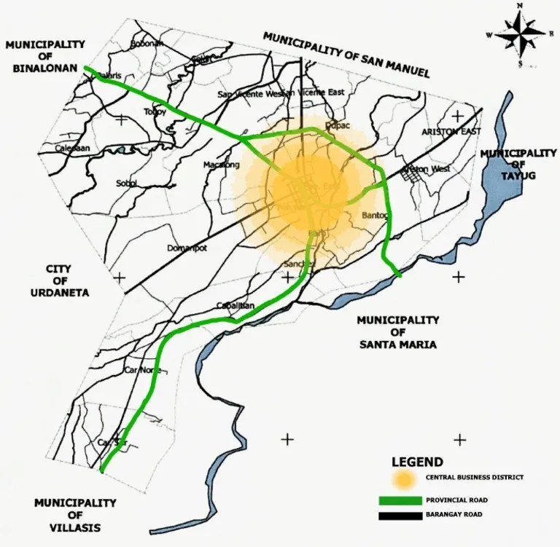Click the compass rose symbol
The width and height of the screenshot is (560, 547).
coord(521,34)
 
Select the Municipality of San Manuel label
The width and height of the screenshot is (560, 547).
coord(346,55)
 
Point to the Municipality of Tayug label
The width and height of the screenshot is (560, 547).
coord(518,165)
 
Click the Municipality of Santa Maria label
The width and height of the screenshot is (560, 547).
coord(397,332)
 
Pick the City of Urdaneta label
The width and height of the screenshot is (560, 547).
coord(67,280)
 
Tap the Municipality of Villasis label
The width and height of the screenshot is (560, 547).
coord(75,515)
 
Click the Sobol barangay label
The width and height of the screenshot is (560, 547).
coord(127,183)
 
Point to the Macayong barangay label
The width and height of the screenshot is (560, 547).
coord(221,165)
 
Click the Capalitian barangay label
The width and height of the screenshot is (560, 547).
coord(236,306)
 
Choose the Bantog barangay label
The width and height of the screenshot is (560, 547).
coord(376,216)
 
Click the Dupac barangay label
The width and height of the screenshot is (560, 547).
coord(338,125)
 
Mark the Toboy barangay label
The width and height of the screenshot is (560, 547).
coord(155,111)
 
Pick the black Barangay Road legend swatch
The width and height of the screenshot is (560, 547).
coord(400,516)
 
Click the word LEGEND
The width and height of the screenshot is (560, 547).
coord(416,462)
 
